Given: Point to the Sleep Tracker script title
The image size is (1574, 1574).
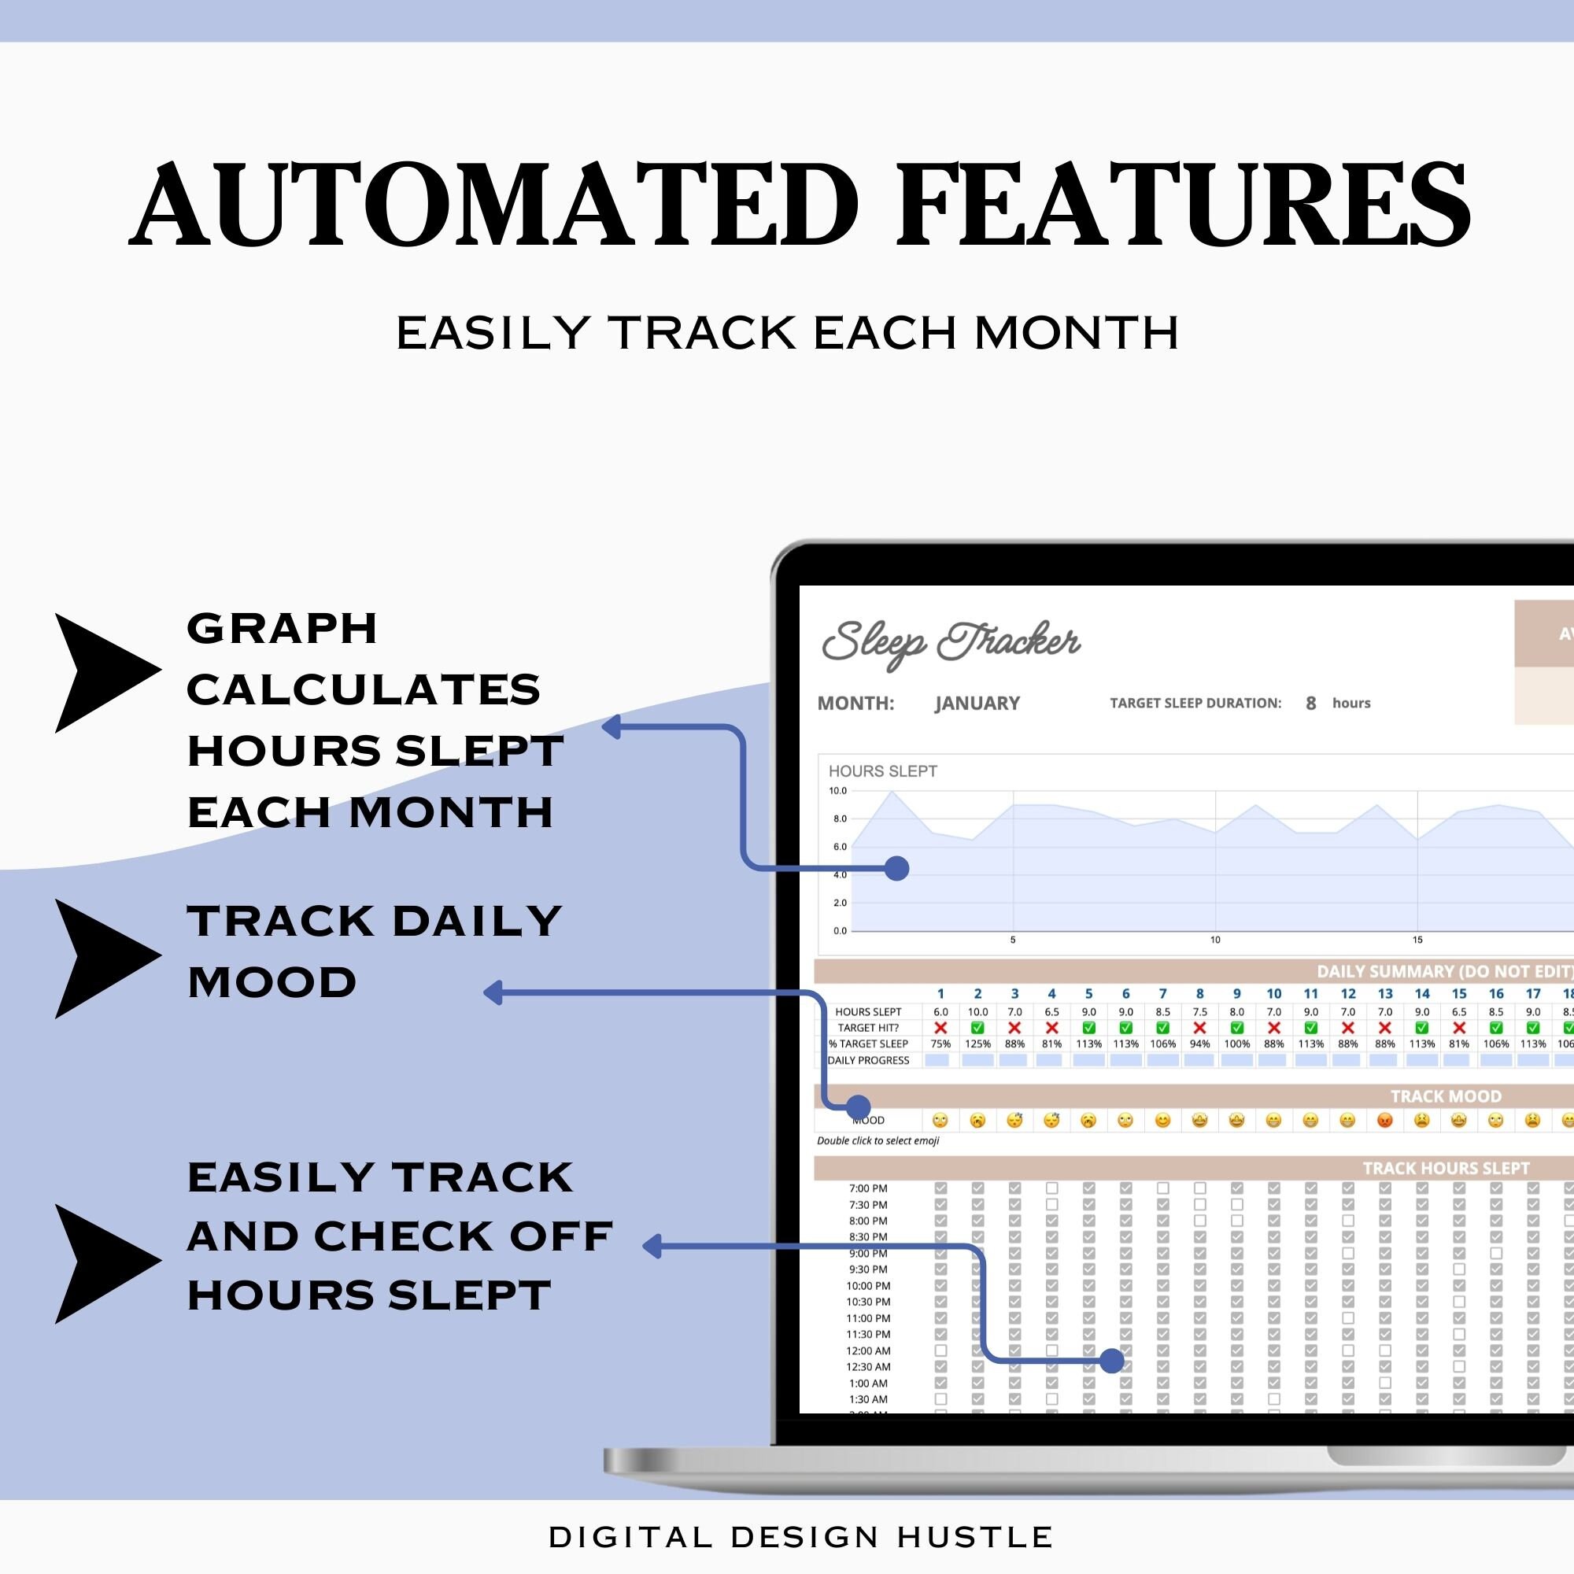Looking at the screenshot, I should [x=951, y=643].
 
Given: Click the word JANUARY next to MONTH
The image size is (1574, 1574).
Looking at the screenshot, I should [x=977, y=703].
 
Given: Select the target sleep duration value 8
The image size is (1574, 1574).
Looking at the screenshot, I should [x=1311, y=703].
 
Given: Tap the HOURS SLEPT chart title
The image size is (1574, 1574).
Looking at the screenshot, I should [x=882, y=770].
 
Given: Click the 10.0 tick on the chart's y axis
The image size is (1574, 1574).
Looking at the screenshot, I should [x=837, y=790].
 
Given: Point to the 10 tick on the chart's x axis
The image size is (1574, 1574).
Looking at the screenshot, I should [x=1214, y=940].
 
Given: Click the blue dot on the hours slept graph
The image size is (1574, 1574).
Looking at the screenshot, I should [x=896, y=869].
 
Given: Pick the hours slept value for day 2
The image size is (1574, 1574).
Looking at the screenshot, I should [x=977, y=1012].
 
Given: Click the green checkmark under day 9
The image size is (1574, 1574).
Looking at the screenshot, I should [x=1236, y=1028].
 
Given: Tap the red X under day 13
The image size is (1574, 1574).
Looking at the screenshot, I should [x=1385, y=1028].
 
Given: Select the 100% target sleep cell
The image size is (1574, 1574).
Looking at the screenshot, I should [x=1236, y=1044].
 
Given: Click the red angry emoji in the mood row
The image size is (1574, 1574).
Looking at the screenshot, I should [x=1385, y=1121].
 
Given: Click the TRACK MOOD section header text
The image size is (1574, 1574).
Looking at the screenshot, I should [x=1445, y=1096].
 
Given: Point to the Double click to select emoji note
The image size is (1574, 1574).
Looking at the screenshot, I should [x=878, y=1140].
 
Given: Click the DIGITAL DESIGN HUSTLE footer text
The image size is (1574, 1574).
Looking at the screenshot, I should [x=801, y=1536].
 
